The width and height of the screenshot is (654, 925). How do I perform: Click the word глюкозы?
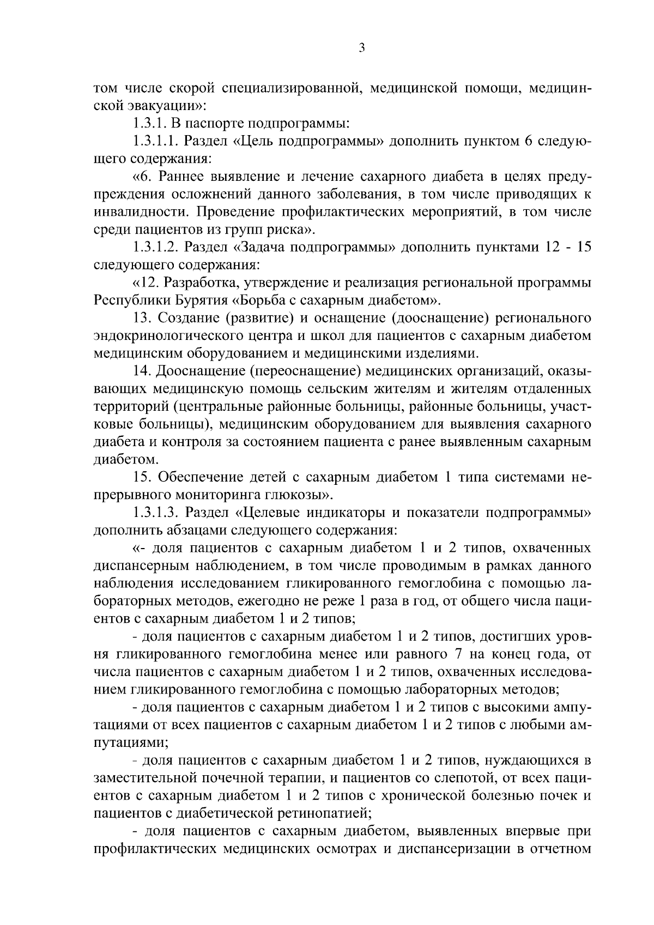pyautogui.click(x=300, y=495)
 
